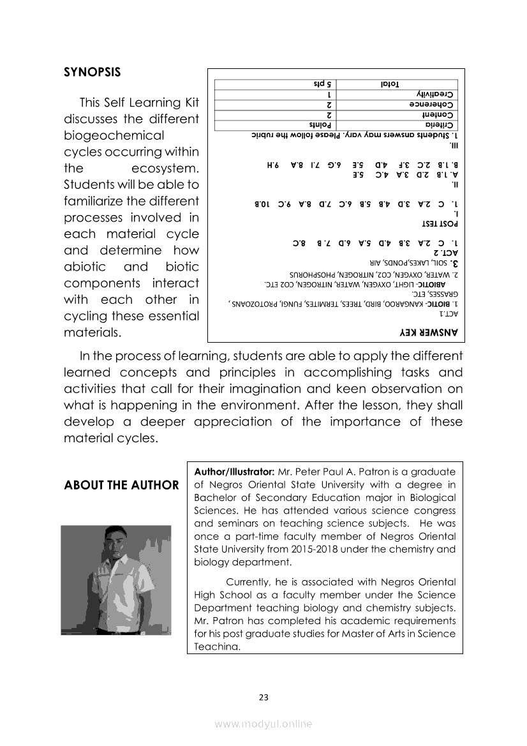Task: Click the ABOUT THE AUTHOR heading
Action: click(121, 485)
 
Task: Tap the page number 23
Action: click(263, 698)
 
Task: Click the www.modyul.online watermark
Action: click(263, 724)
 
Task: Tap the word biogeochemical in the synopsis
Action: click(114, 135)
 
